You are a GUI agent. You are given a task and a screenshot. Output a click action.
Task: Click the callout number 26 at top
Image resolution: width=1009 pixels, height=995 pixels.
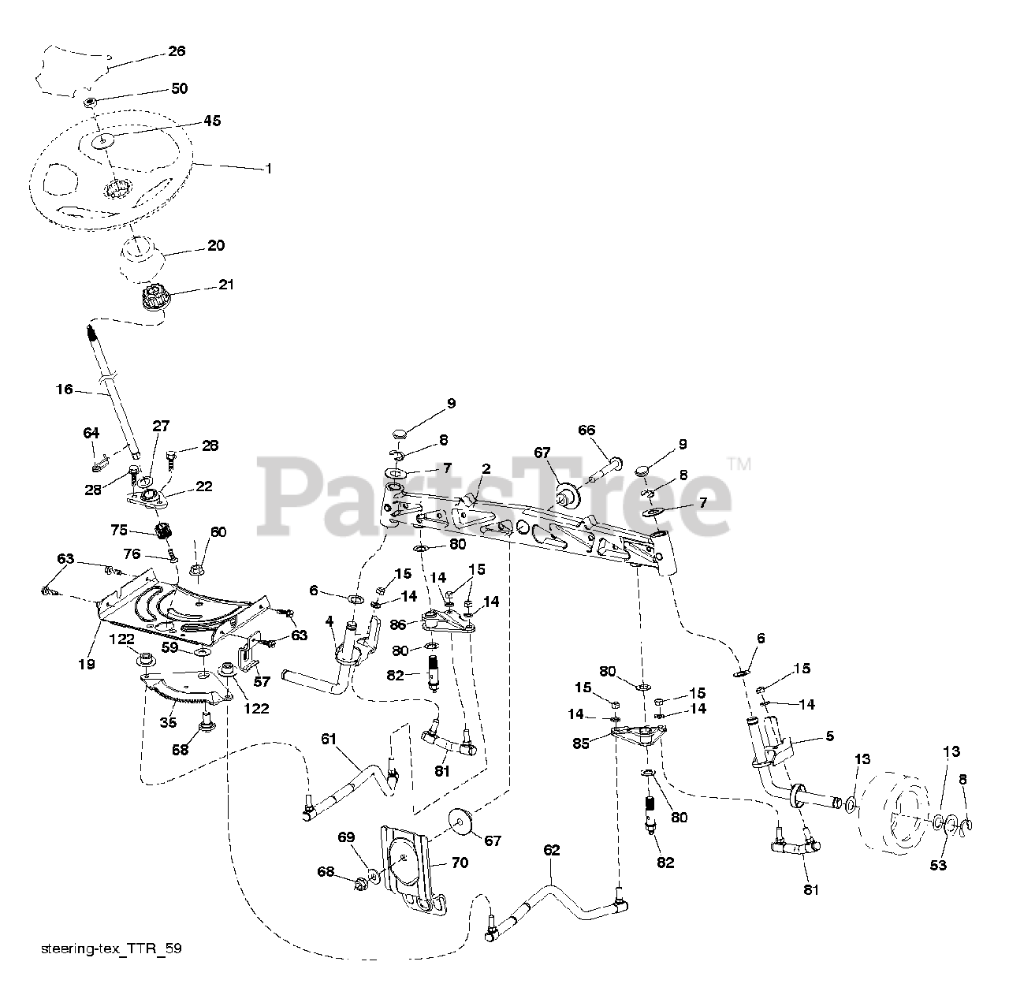pos(176,51)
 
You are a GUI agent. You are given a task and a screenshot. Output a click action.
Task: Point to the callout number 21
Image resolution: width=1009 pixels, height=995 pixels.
pos(226,285)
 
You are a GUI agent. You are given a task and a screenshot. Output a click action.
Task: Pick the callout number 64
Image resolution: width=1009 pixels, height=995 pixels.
pos(91,433)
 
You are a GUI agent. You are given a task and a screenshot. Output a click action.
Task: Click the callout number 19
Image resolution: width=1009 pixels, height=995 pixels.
pos(87,664)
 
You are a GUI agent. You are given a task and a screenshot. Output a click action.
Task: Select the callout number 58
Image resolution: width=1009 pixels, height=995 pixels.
pos(181,749)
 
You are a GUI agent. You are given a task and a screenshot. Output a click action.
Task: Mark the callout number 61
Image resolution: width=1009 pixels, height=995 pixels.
pos(329,739)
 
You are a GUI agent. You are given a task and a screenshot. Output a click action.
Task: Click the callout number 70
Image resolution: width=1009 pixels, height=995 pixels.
pos(459,863)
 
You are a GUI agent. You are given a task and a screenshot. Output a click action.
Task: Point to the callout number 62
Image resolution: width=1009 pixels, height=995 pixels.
pos(551,851)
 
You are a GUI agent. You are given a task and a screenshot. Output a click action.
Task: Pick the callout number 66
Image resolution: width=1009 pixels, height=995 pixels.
pos(586,430)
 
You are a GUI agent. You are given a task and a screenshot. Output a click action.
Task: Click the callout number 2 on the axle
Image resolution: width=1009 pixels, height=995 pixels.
pos(486,468)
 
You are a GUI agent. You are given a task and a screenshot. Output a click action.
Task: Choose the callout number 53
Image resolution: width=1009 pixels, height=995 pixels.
pos(937,866)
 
